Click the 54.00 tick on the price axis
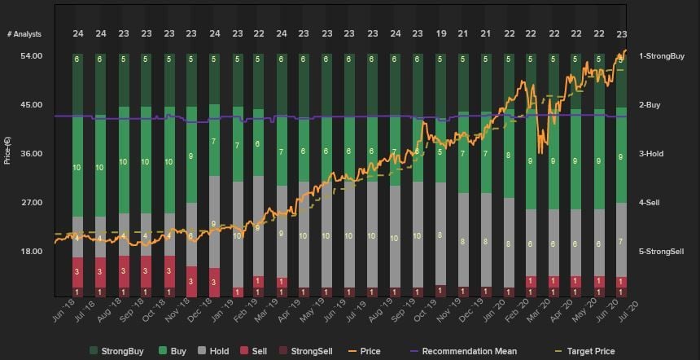coord(32,56)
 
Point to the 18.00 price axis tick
coord(32,252)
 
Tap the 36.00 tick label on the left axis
coord(32,154)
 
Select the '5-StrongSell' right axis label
coord(661,252)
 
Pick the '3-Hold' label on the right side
coord(651,154)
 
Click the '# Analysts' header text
coord(24,34)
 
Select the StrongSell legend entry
coord(305,352)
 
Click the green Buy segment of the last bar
coord(621,155)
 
